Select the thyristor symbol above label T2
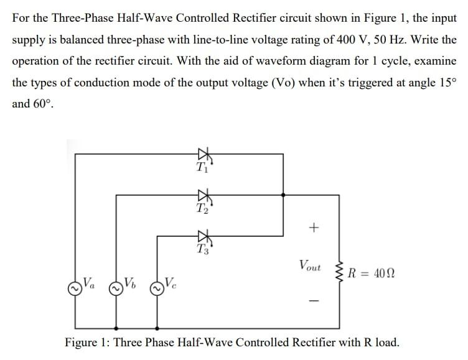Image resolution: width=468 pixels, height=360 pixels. (202, 195)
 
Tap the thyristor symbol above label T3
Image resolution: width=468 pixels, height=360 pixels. (202, 236)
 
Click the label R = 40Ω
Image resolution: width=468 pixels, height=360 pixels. (372, 273)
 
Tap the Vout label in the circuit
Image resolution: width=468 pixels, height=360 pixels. (310, 267)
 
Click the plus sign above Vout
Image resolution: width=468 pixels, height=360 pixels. (314, 228)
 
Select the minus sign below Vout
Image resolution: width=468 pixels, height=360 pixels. (314, 302)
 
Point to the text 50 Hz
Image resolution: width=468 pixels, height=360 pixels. (396, 40)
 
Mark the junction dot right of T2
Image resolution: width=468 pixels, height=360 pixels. (283, 195)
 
